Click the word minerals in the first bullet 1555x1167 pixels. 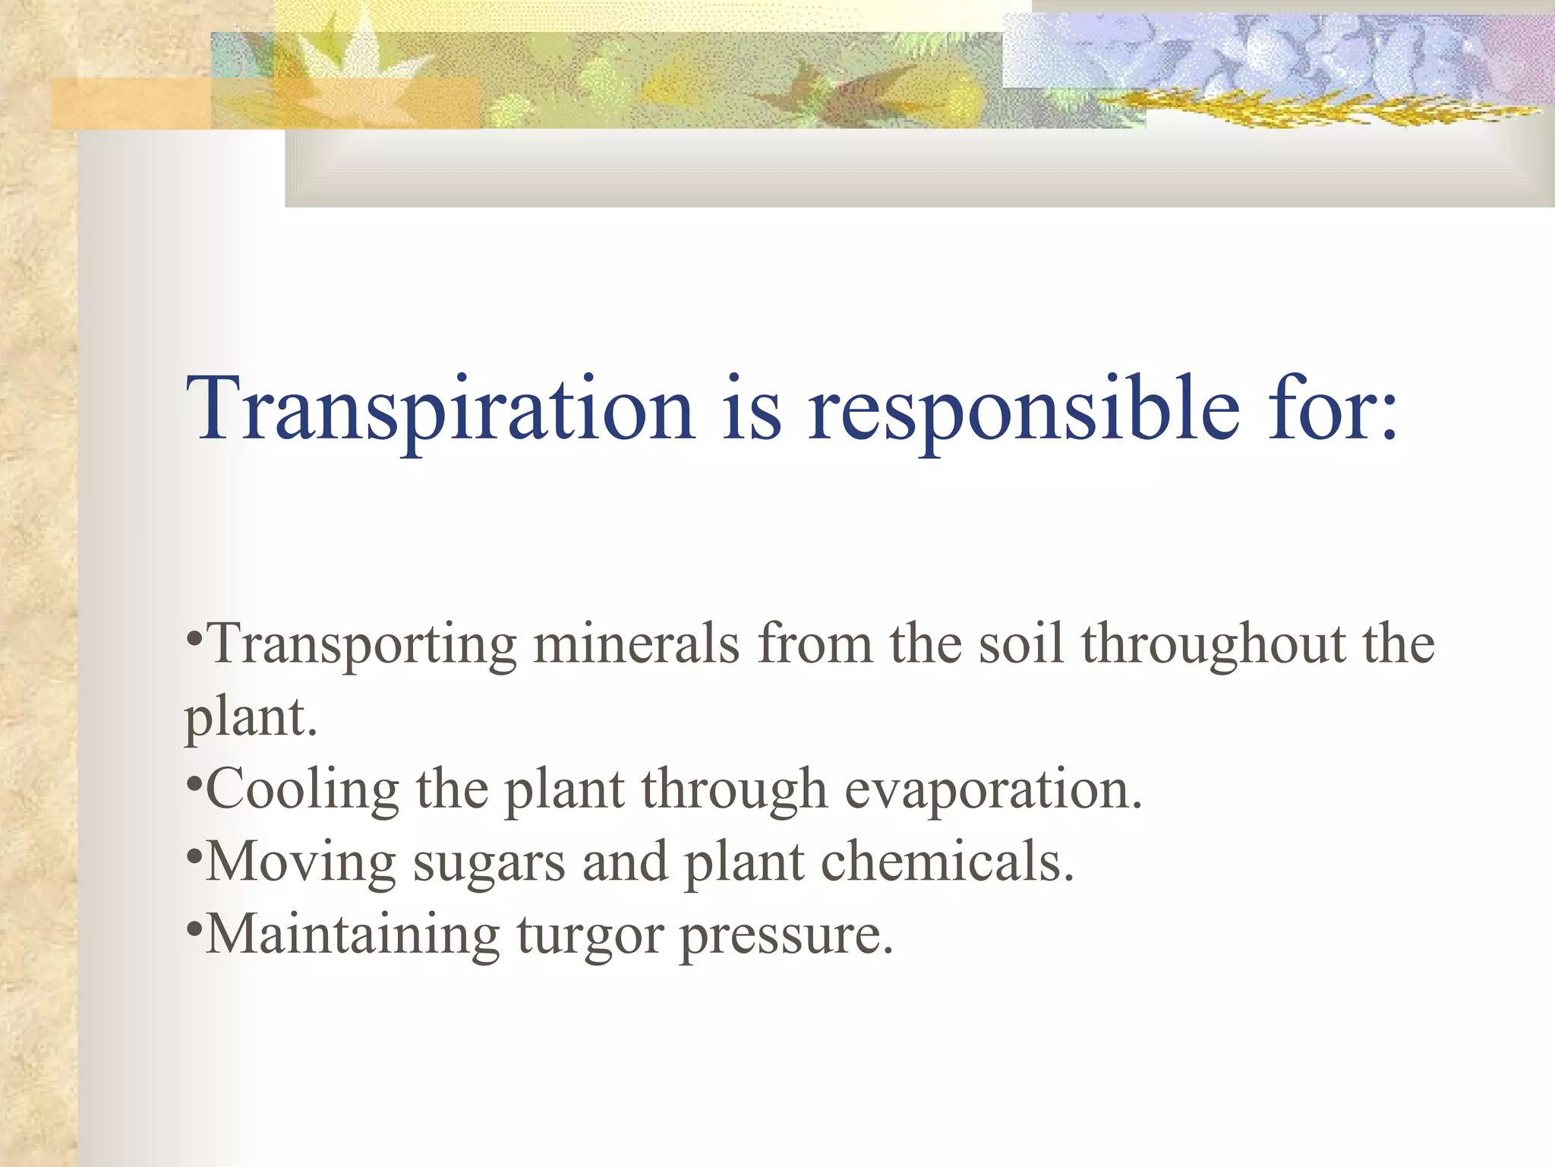[636, 644]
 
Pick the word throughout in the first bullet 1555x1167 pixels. [1213, 644]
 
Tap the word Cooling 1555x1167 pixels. [302, 790]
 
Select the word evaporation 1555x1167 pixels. [993, 790]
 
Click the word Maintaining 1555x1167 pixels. [352, 935]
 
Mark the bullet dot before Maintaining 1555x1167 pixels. [194, 927]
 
